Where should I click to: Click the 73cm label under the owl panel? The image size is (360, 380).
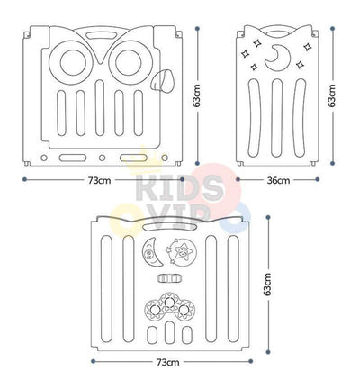point(100,180)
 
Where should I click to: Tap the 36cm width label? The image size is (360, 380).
point(278,180)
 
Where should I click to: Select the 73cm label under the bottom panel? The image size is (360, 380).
point(168,362)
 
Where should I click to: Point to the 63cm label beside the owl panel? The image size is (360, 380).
point(197,95)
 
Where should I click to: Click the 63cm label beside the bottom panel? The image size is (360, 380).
point(268,285)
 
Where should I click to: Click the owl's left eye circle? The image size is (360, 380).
point(73,63)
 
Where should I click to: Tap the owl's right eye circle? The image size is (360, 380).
point(129,63)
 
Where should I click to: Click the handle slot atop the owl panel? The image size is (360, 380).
point(100,34)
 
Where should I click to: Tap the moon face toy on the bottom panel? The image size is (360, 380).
point(151,251)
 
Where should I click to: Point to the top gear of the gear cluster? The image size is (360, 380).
point(170,301)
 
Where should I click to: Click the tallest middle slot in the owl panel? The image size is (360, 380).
point(100,108)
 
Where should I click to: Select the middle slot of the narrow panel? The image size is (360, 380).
point(276,118)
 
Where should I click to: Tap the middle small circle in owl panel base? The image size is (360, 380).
point(102,158)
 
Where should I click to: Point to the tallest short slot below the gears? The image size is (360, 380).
point(170,333)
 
